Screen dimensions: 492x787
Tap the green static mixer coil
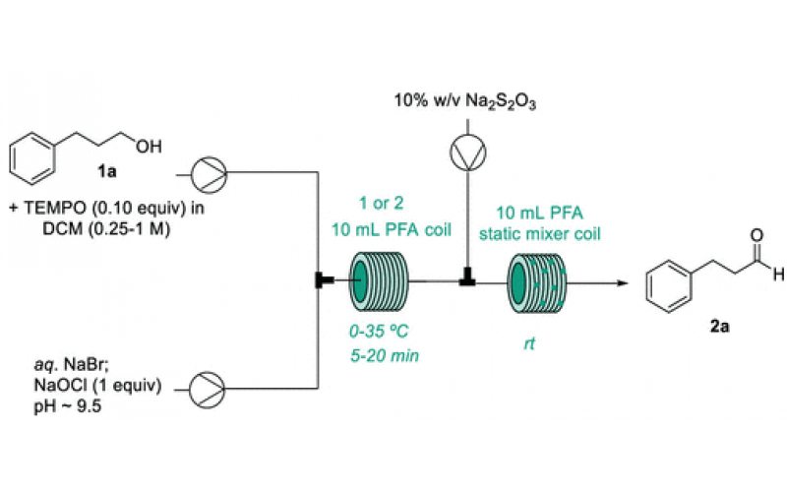coord(530,280)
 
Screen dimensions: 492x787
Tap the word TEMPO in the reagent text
coord(53,209)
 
